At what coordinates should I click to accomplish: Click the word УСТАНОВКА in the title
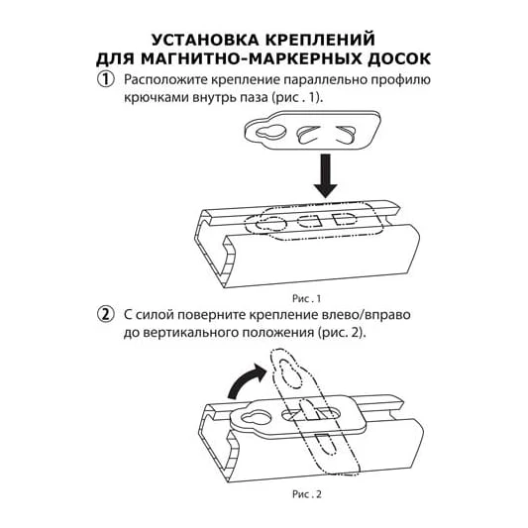click(x=205, y=40)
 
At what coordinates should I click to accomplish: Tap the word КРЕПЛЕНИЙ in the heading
click(x=320, y=40)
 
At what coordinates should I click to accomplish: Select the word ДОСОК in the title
click(x=398, y=58)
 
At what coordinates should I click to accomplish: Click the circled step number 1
click(x=106, y=80)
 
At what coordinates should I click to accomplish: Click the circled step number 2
click(x=106, y=315)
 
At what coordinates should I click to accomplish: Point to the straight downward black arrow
click(x=325, y=175)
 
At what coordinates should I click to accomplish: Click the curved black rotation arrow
click(x=247, y=380)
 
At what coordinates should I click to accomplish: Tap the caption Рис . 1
click(x=306, y=298)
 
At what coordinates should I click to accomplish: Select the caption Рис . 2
click(x=306, y=494)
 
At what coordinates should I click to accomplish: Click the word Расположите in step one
click(x=167, y=80)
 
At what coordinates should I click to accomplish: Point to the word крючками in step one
click(x=156, y=98)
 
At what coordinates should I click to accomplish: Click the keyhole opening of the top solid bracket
click(x=270, y=133)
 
